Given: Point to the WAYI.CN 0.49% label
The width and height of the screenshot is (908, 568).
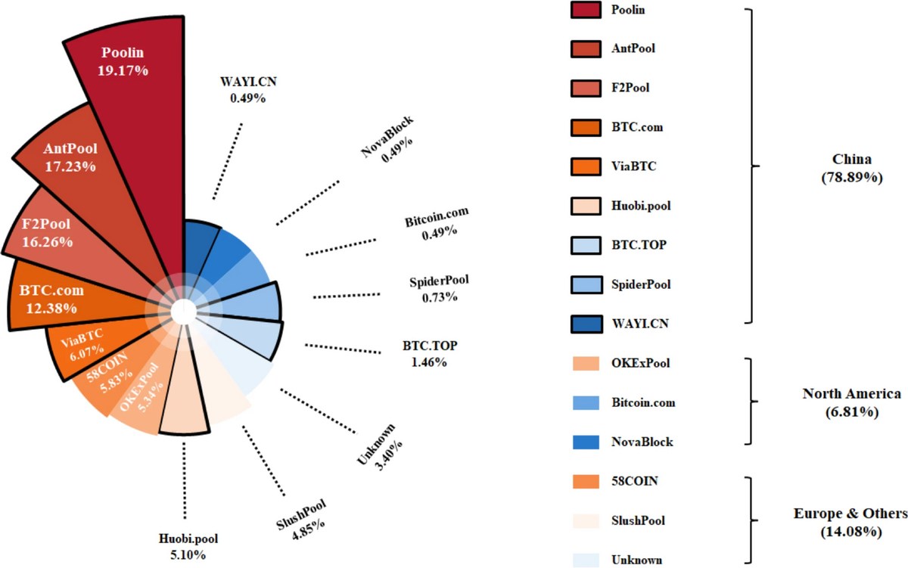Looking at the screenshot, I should pos(249,89).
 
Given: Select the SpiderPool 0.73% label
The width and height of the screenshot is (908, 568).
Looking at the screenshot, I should pos(439,288).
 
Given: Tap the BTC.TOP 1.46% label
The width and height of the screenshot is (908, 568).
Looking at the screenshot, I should pos(430,353).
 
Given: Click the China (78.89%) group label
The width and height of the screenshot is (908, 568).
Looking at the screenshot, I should pos(851,167).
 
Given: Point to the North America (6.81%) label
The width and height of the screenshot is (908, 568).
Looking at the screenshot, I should pos(851,402).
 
